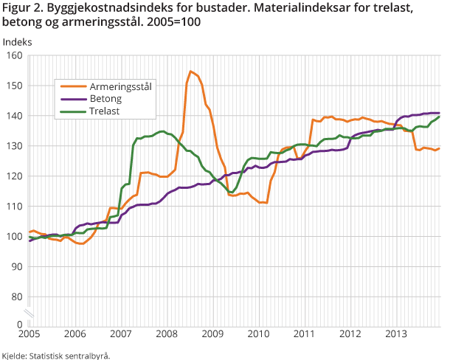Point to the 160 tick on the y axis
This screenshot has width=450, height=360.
pyautogui.click(x=15, y=55)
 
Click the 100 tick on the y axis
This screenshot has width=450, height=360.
pyautogui.click(x=15, y=236)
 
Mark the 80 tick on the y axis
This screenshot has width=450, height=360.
pyautogui.click(x=18, y=297)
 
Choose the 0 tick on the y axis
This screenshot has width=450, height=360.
pyautogui.click(x=21, y=324)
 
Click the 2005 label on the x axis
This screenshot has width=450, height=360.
pyautogui.click(x=29, y=334)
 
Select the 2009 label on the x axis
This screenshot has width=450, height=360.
pyautogui.click(x=212, y=334)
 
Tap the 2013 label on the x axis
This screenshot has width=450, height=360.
pyautogui.click(x=395, y=334)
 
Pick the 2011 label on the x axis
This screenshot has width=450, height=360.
pyautogui.click(x=304, y=334)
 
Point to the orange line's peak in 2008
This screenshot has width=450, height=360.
pyautogui.click(x=190, y=72)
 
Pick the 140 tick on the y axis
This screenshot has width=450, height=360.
pyautogui.click(x=15, y=116)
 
